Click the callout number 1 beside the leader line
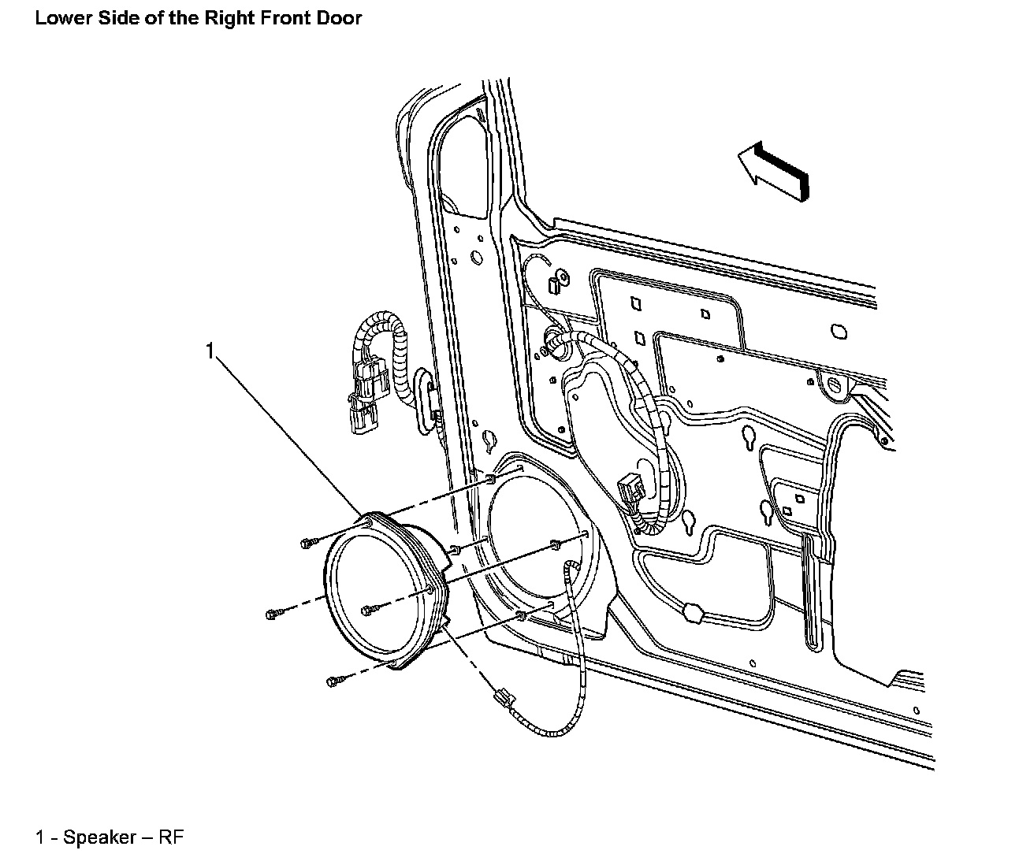coord(210,351)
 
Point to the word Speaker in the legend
coord(99,837)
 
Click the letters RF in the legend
coord(171,837)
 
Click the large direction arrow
coord(773,171)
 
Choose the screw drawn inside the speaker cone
coord(367,611)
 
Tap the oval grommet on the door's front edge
coord(424,401)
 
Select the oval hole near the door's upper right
coord(839,332)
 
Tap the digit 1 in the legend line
coord(39,837)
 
